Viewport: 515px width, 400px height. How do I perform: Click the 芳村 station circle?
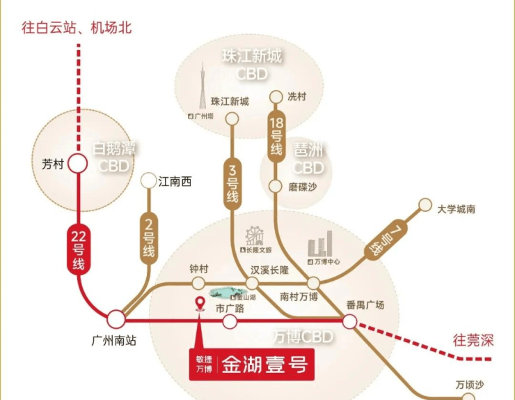(77, 164)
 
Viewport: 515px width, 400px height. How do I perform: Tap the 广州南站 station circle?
(116, 319)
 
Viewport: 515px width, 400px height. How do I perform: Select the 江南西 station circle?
(148, 181)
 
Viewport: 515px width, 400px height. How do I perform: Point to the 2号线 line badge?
(148, 237)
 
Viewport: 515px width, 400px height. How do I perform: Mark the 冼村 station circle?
(276, 97)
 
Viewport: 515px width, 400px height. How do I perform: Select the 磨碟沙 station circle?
(276, 186)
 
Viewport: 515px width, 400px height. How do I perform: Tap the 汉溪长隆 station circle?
(251, 283)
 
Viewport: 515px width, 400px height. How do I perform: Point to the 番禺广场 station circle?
(349, 321)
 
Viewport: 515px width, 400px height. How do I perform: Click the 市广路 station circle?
(230, 321)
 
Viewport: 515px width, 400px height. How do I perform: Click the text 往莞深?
(473, 341)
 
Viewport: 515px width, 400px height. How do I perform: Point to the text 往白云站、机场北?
(77, 29)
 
